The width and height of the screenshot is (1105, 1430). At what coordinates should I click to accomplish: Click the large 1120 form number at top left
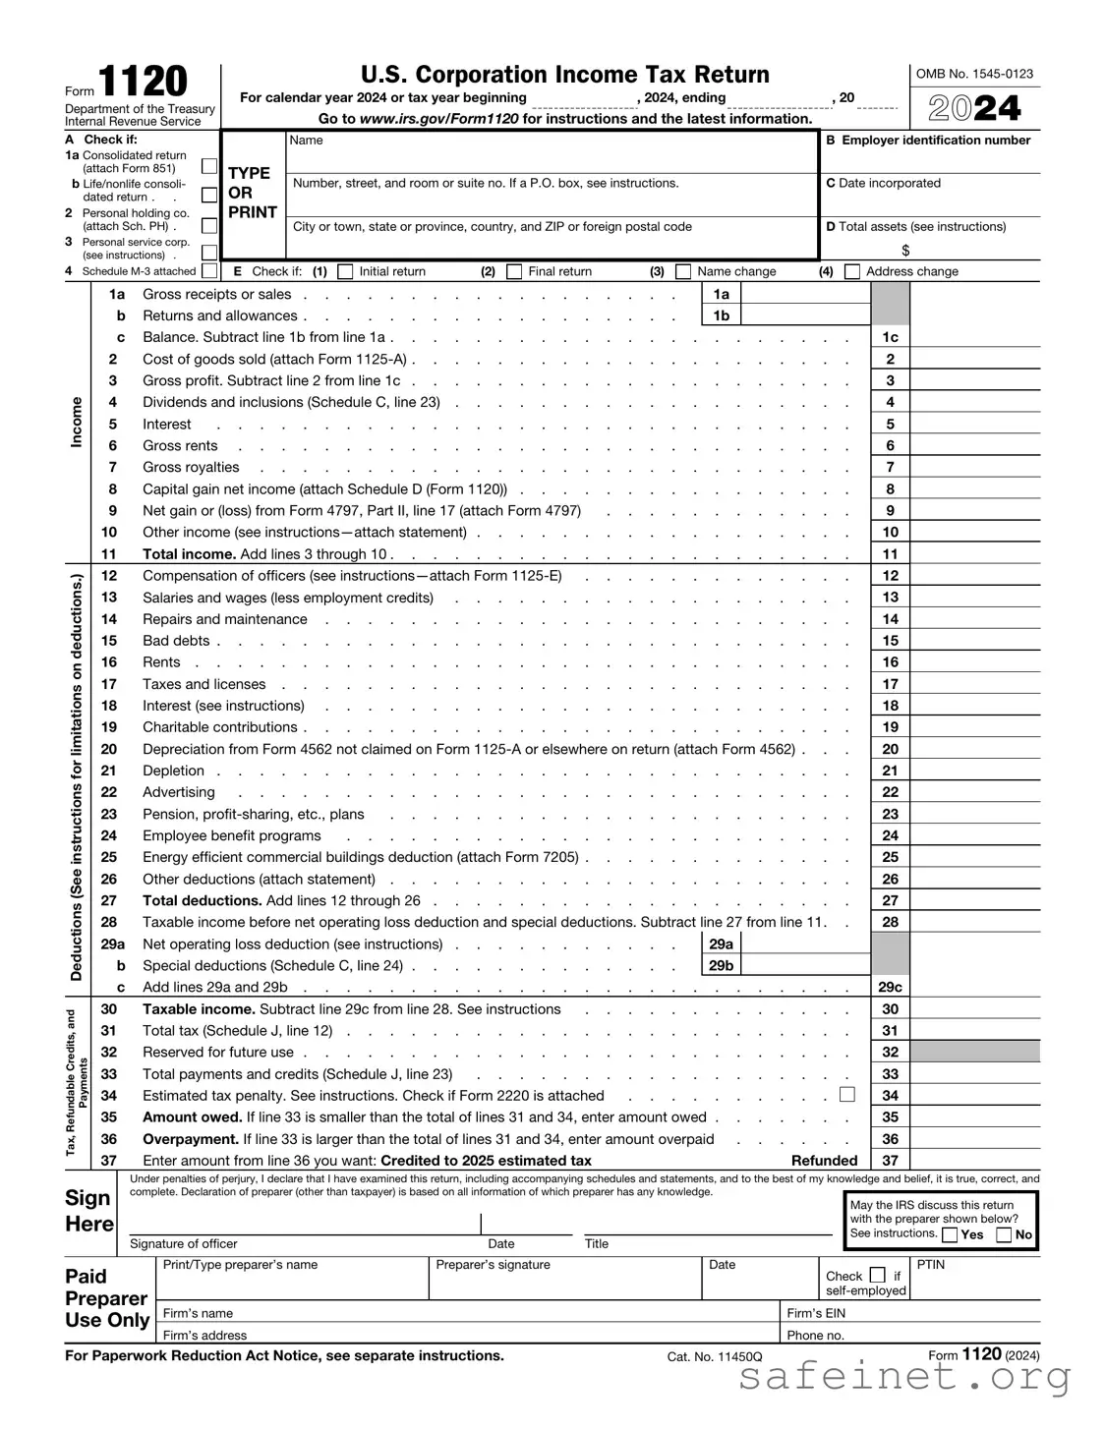143,83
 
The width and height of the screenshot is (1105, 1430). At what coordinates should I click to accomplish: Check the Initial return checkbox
345,271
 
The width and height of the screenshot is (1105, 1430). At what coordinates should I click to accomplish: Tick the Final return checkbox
514,271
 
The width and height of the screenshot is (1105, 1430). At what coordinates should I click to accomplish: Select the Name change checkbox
683,271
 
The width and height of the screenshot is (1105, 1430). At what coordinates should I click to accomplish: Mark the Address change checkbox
852,271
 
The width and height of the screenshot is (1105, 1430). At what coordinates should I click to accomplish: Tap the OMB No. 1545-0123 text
974,74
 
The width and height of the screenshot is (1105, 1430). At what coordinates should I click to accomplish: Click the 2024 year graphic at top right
974,108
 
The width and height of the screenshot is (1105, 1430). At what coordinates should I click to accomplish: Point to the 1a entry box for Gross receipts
805,294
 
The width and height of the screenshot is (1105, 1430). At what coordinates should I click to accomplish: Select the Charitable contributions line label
219,727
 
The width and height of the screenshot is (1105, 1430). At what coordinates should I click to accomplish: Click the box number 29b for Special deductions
721,966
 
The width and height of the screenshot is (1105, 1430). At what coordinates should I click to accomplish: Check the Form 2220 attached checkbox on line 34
847,1094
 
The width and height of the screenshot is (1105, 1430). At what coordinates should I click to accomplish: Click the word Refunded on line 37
824,1161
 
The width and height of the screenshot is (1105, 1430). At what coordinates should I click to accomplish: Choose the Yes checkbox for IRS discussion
950,1235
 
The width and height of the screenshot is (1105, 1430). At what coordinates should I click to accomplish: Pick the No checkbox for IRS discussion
1004,1235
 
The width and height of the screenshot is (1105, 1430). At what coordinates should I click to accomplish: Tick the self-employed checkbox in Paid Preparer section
878,1276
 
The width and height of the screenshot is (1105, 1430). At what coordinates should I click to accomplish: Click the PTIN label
930,1265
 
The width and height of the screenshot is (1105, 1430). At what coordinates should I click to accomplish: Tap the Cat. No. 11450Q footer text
714,1357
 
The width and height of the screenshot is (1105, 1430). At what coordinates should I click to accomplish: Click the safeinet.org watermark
903,1379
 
